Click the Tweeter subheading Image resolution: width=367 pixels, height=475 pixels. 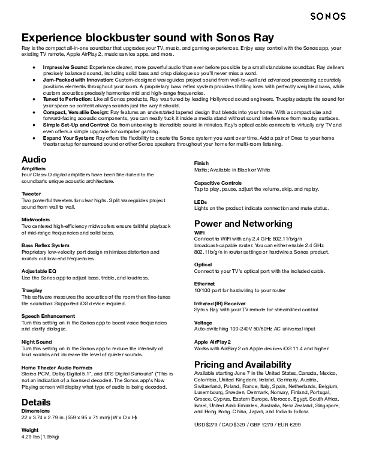pyautogui.click(x=31, y=194)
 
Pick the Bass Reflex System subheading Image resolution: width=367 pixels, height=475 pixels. pyautogui.click(x=45, y=245)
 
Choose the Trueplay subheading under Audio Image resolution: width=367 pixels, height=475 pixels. pyautogui.click(x=32, y=290)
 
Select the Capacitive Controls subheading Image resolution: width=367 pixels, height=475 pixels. pyautogui.click(x=218, y=182)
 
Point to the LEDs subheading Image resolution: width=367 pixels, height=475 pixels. pyautogui.click(x=200, y=202)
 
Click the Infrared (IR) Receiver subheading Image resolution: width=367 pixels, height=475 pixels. pyautogui.click(x=219, y=303)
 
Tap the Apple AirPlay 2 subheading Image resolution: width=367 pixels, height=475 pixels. pyautogui.click(x=212, y=342)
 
